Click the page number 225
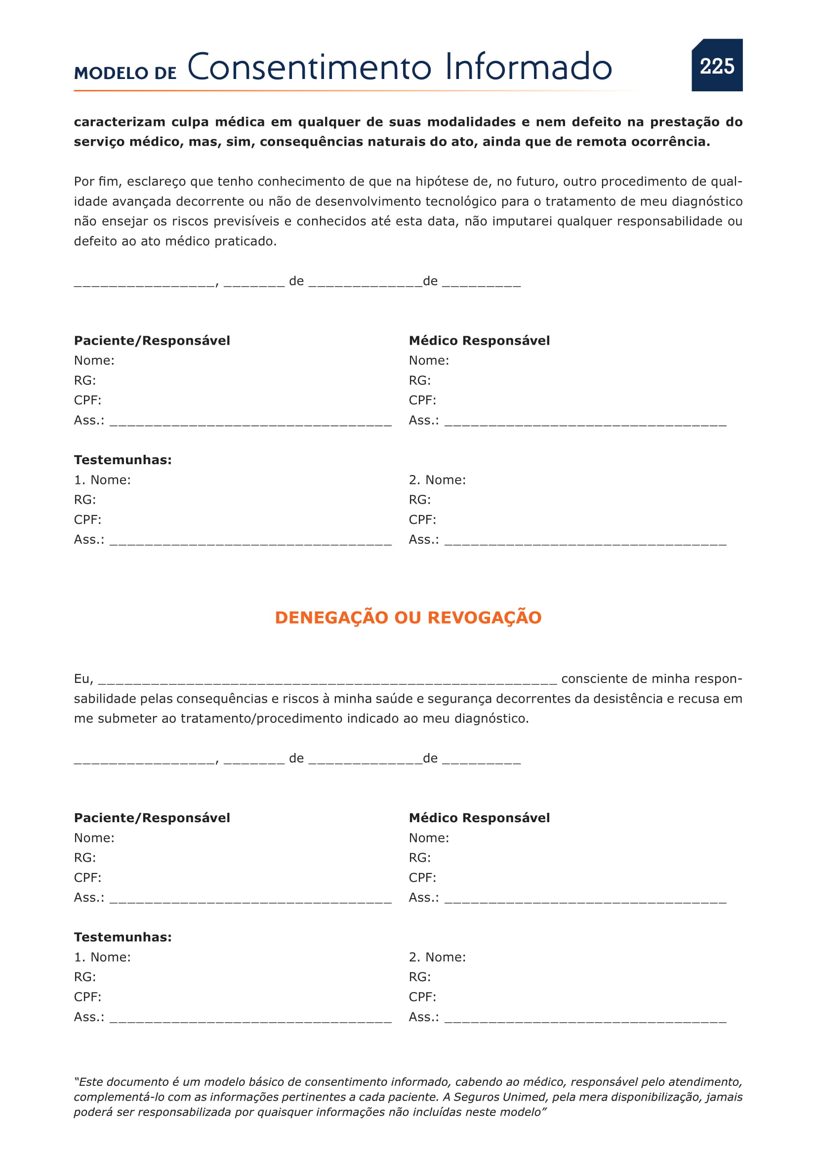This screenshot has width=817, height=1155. tap(717, 66)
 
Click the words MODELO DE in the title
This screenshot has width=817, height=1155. tap(125, 73)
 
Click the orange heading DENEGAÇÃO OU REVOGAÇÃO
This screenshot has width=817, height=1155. tap(408, 617)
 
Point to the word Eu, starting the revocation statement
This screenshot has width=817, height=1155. tap(83, 679)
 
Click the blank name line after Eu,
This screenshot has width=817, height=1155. tap(327, 680)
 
